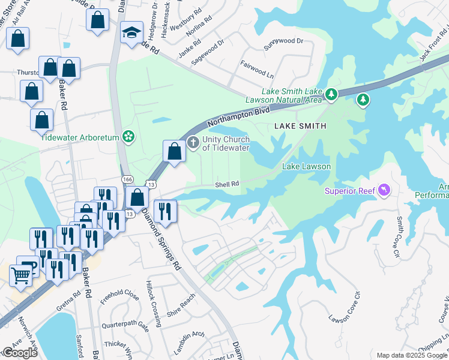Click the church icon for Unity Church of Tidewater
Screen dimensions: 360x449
click(193, 143)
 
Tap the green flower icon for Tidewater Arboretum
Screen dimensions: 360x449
click(128, 137)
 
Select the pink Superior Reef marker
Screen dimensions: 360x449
click(384, 191)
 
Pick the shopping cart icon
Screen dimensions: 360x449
click(21, 276)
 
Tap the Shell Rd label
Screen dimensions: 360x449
click(228, 184)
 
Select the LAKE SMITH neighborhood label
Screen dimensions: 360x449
click(300, 126)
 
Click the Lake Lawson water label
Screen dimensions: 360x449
click(306, 166)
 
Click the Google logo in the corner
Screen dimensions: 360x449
click(20, 353)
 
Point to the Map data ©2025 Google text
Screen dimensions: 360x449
click(411, 355)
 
